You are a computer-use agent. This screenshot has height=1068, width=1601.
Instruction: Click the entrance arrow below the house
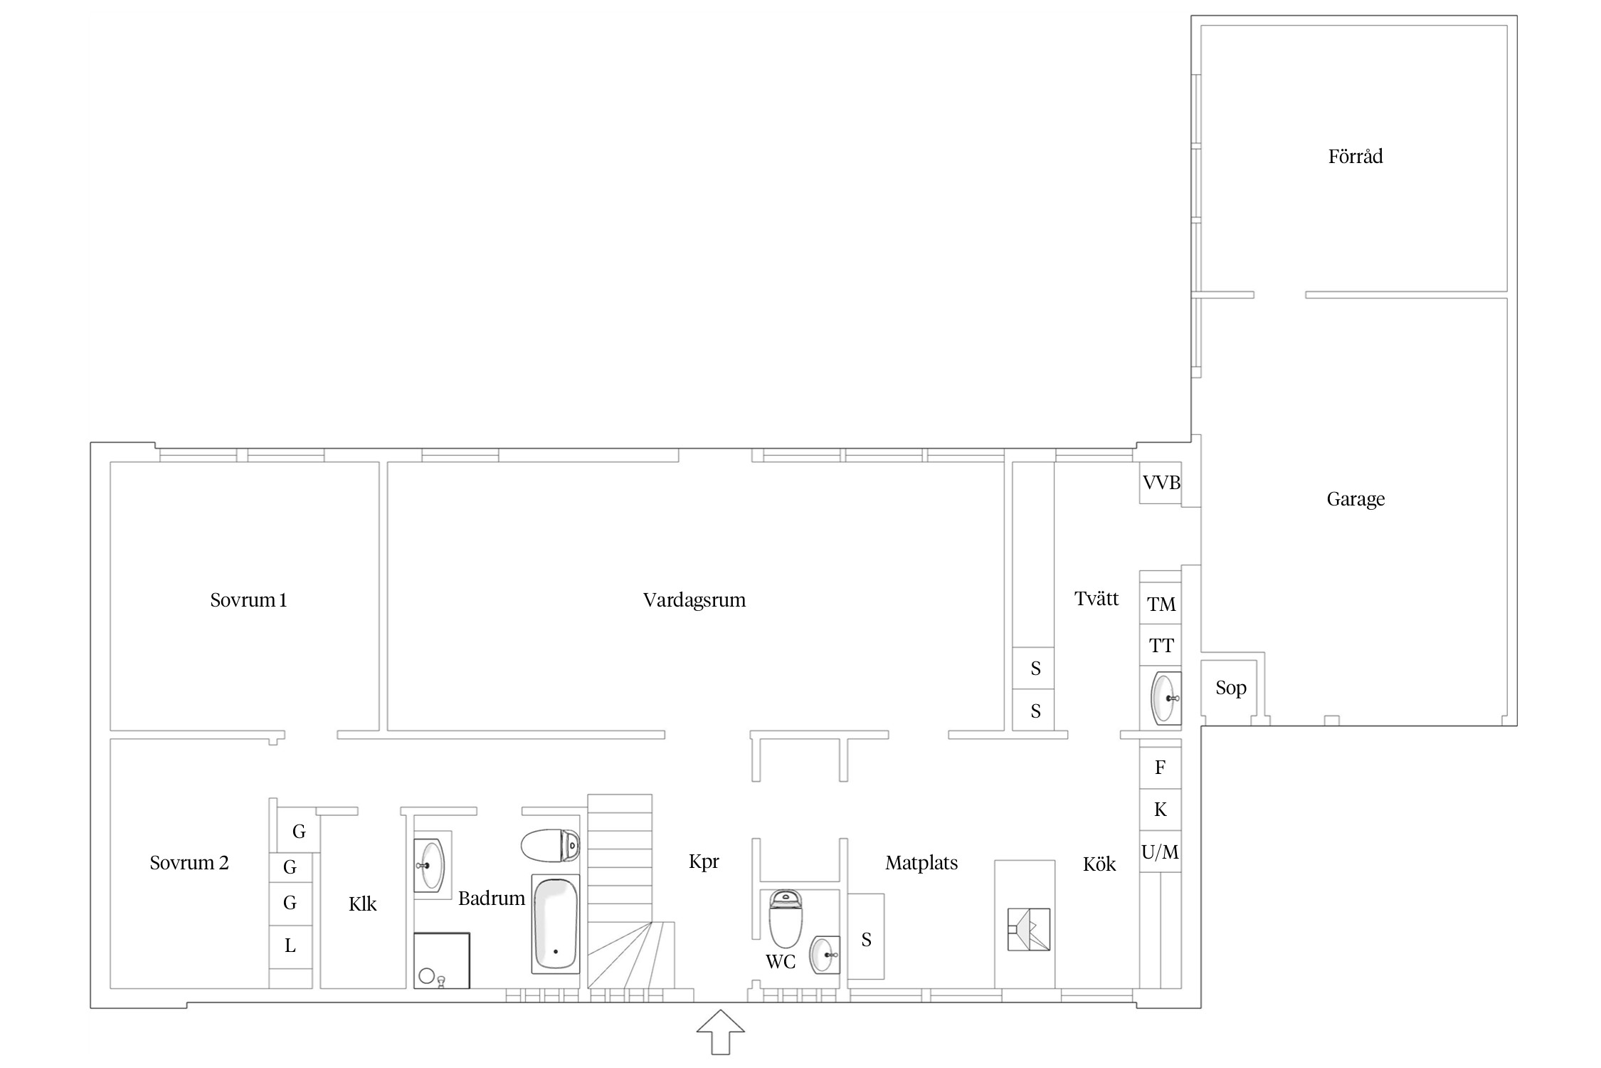click(x=721, y=1032)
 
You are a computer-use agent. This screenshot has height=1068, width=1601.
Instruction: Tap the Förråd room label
click(x=1355, y=157)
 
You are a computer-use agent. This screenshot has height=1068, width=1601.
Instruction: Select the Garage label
click(x=1356, y=499)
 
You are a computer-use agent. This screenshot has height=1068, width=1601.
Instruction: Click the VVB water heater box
click(x=1161, y=483)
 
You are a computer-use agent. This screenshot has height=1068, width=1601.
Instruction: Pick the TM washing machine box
click(x=1161, y=604)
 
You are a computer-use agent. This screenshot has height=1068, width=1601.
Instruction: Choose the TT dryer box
click(x=1161, y=646)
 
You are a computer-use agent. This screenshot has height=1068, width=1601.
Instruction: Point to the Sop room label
click(x=1230, y=688)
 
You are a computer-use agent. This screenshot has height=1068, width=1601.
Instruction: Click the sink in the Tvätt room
click(x=1166, y=698)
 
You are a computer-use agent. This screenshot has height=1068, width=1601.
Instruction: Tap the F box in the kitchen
click(x=1161, y=768)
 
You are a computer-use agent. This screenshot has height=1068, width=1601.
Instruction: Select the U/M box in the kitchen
click(x=1161, y=852)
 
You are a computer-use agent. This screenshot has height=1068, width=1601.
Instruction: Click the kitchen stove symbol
click(x=1029, y=929)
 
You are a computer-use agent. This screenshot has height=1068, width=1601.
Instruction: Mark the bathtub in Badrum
click(x=556, y=923)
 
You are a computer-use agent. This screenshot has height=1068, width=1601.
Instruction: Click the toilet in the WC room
click(x=786, y=918)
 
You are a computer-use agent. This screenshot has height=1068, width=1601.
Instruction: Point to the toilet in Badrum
click(x=550, y=846)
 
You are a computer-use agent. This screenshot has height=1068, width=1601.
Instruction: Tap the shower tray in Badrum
click(x=442, y=960)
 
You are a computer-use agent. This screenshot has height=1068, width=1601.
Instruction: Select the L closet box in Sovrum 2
click(x=290, y=946)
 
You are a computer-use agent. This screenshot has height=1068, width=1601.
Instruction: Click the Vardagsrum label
click(x=694, y=600)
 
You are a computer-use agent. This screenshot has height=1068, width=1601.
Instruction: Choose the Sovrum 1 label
click(x=248, y=600)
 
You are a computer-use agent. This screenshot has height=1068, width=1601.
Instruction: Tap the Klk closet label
click(x=362, y=904)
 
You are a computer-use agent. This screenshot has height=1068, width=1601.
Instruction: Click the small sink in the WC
click(x=825, y=955)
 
